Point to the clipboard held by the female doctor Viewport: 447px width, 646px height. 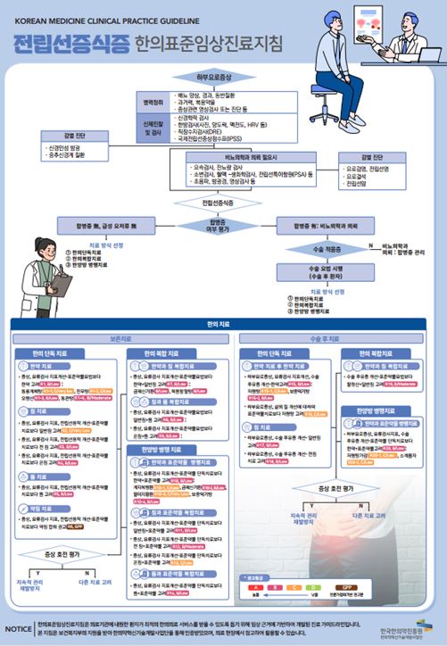click(x=61, y=284)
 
